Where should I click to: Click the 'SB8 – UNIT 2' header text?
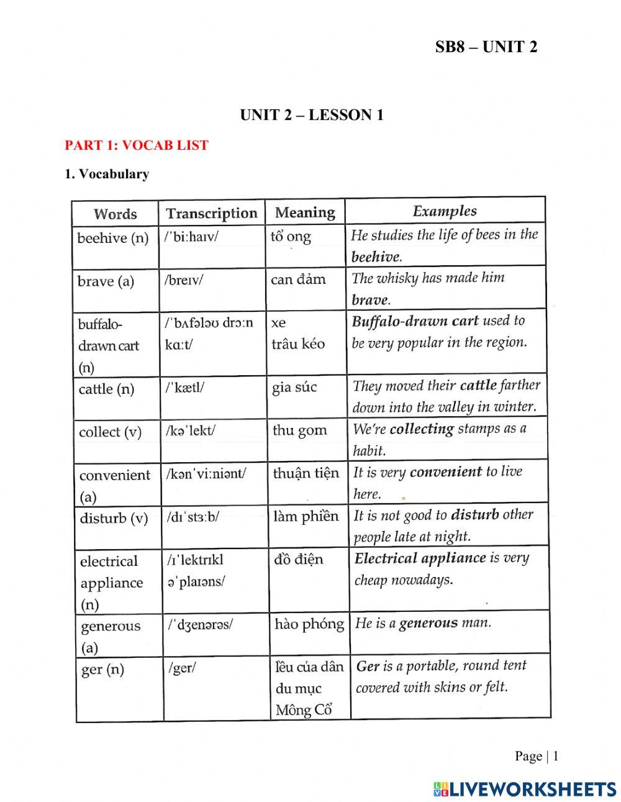(486, 47)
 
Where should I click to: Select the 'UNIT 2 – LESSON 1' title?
(312, 115)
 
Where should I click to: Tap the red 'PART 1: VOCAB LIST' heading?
(137, 145)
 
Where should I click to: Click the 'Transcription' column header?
(212, 213)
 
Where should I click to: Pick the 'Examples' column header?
(445, 211)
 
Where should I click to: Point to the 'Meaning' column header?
(305, 212)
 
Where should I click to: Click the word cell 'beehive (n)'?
(113, 238)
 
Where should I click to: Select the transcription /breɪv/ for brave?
(184, 280)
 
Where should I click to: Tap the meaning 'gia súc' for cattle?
(294, 388)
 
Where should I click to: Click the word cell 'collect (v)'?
(111, 432)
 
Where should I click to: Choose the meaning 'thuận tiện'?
(306, 473)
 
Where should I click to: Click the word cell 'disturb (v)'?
(114, 518)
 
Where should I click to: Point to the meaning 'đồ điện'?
(299, 559)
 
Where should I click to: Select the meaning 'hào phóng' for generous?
(309, 624)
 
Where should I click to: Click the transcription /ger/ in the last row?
(182, 668)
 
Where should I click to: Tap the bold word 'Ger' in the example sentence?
(368, 667)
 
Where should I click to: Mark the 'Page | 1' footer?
(537, 756)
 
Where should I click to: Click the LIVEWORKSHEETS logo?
(525, 789)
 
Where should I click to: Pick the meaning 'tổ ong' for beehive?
(291, 237)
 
